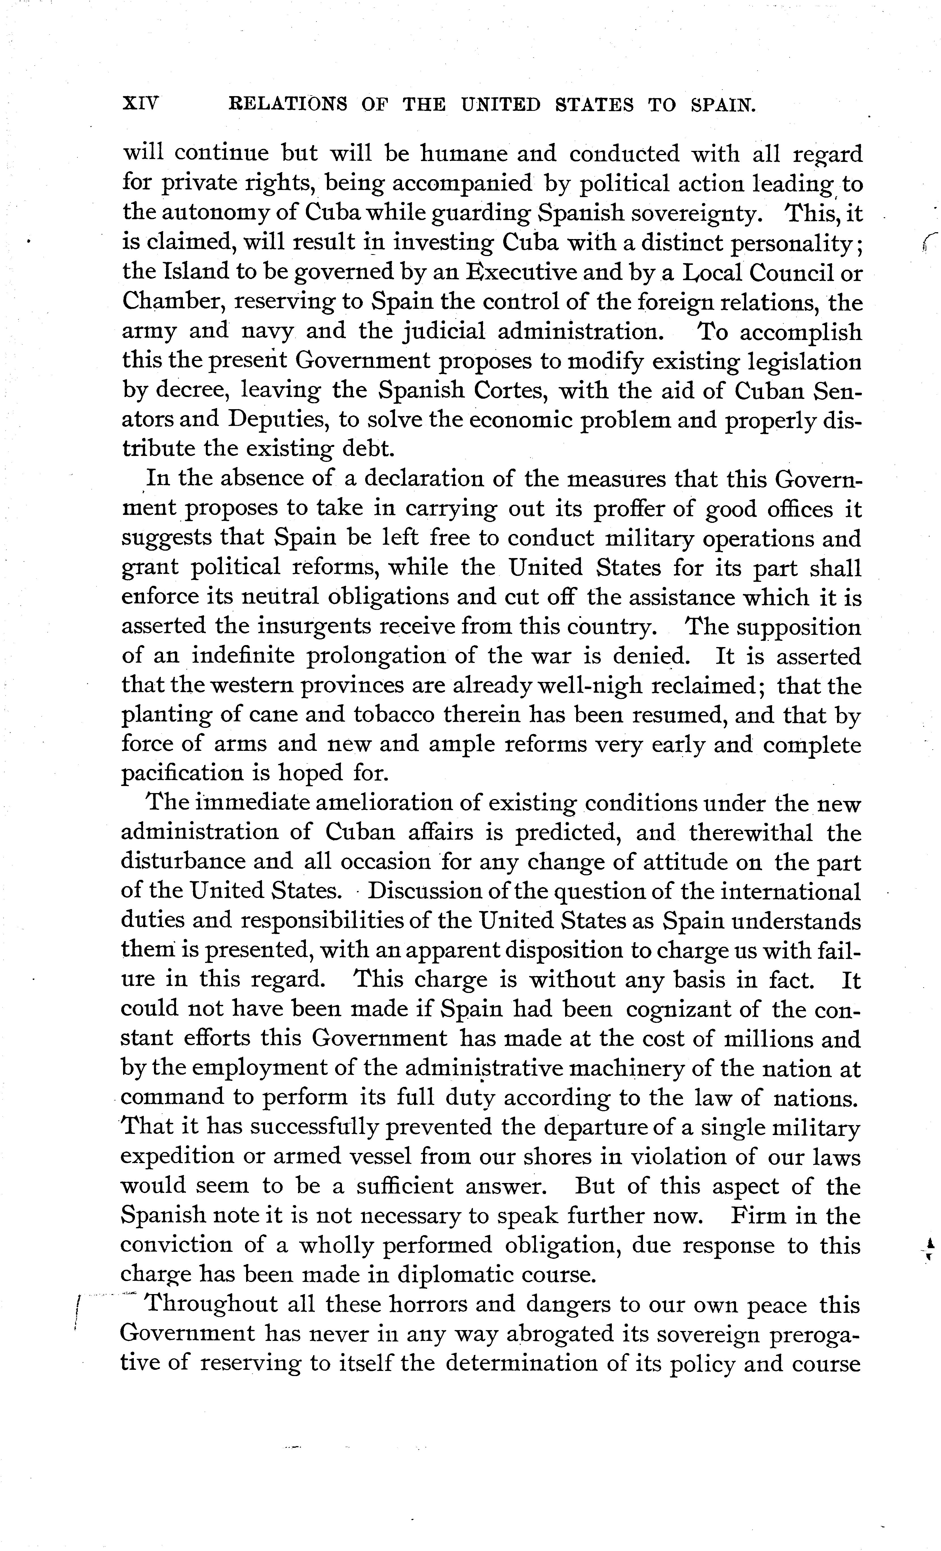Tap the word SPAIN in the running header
tap(723, 105)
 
